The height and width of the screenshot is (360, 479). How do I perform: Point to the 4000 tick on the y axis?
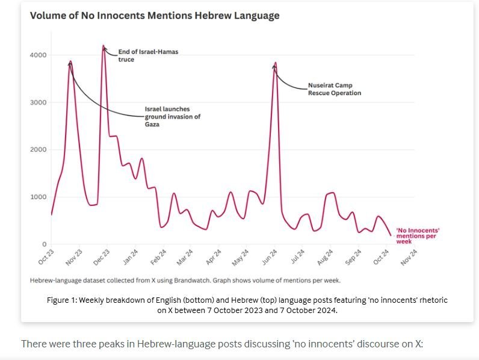coord(38,55)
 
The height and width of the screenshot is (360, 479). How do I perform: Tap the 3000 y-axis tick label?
coord(38,102)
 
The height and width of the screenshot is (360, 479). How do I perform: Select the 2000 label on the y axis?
coord(38,149)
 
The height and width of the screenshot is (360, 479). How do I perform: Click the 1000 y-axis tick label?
coord(38,197)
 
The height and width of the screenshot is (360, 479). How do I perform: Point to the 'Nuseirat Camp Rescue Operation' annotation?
coord(334,89)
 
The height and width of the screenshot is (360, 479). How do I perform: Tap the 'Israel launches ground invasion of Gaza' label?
coord(172,116)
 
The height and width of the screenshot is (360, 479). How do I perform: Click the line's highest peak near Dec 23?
coord(104,46)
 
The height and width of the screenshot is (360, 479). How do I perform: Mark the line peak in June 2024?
coord(275,63)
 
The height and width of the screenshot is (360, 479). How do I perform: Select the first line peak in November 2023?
coord(70,61)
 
